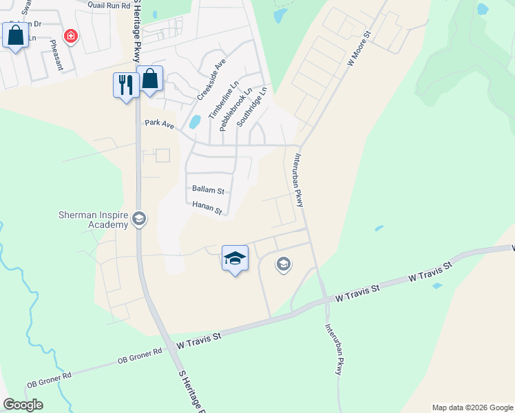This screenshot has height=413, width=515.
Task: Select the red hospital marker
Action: pyautogui.click(x=70, y=35)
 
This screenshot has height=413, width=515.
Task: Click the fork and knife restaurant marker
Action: pyautogui.click(x=125, y=85)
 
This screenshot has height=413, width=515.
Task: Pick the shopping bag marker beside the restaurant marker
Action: pyautogui.click(x=149, y=78)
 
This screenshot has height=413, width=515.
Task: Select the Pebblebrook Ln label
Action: pyautogui.click(x=236, y=109)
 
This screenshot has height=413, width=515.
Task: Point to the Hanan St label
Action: pyautogui.click(x=207, y=207)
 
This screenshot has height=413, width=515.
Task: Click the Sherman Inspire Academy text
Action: pyautogui.click(x=93, y=220)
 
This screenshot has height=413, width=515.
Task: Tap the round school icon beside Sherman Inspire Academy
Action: pyautogui.click(x=139, y=219)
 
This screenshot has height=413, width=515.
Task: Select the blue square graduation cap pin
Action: pyautogui.click(x=235, y=259)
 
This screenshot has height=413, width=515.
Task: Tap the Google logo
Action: pyautogui.click(x=23, y=405)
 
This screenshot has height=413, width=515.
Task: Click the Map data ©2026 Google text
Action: pyautogui.click(x=472, y=407)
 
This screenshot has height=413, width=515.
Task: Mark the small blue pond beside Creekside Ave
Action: pyautogui.click(x=195, y=123)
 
